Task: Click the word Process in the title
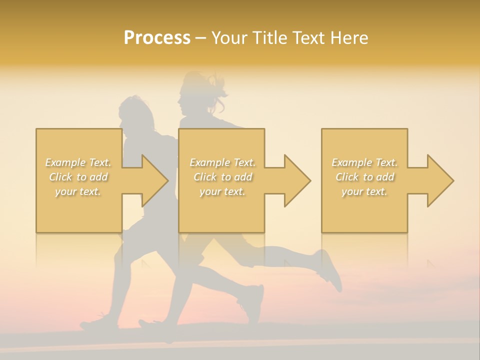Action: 157,38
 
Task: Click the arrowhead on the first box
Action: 154,180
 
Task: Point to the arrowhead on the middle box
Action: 297,180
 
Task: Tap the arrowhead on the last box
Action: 440,180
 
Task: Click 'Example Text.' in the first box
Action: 78,162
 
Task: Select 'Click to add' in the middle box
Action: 222,177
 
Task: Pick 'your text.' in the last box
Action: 364,191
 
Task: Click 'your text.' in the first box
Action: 78,191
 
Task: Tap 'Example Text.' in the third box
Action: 364,162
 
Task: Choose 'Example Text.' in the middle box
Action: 222,162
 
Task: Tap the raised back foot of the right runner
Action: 330,270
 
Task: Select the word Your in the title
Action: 230,38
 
